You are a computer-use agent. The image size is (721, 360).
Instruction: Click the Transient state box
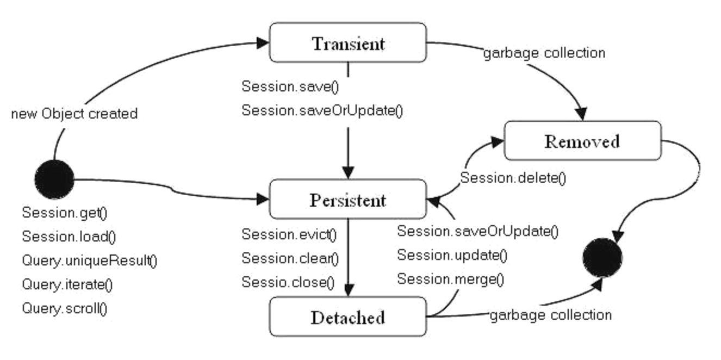348,42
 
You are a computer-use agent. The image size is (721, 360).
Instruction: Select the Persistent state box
348,199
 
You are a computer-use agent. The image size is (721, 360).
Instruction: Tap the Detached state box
348,317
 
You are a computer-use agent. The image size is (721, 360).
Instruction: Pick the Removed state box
583,141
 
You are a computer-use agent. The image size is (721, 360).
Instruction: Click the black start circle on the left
54,179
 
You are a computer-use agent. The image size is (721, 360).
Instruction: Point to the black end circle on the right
602,258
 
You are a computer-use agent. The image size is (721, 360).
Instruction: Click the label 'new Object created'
74,114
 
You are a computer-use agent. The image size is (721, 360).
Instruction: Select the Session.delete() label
513,178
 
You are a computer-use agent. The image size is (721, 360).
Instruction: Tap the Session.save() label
290,86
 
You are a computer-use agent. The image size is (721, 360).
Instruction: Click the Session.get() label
65,213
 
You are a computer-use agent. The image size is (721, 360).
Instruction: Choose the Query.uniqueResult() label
90,260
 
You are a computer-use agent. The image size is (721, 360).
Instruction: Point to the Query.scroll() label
65,308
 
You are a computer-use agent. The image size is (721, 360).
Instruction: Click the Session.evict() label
289,234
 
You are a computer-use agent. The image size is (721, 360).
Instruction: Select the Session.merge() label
451,279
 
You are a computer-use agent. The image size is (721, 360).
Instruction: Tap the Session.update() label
452,256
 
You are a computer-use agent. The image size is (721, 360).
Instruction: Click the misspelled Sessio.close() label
288,282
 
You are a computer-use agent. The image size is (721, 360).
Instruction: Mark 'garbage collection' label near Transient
544,53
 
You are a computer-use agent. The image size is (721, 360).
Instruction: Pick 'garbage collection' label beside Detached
551,315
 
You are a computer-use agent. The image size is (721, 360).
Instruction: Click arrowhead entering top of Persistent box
348,172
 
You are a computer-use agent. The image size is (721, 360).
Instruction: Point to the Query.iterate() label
67,284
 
